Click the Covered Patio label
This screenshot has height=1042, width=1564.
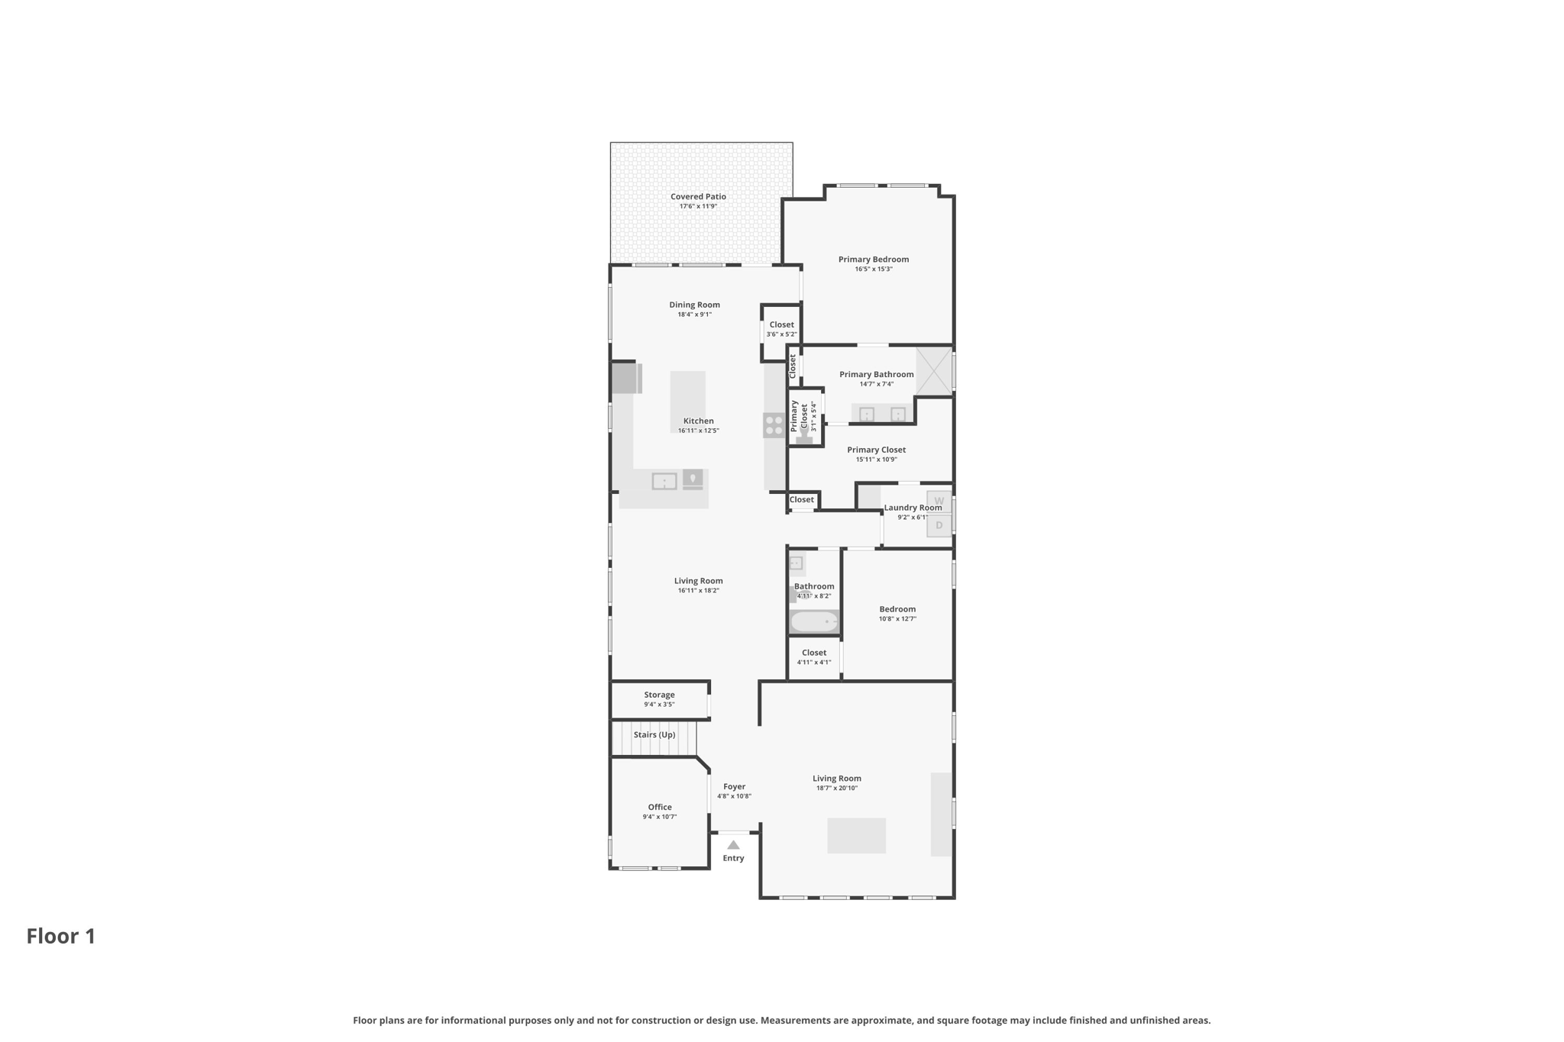[698, 197]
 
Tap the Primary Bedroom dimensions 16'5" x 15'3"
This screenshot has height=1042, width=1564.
[874, 269]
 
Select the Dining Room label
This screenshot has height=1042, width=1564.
[694, 305]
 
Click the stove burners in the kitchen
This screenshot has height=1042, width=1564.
[774, 425]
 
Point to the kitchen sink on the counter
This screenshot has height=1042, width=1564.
[664, 482]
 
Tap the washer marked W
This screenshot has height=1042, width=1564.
[939, 502]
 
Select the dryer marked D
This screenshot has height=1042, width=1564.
[939, 525]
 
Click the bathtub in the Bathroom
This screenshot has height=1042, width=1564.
[813, 622]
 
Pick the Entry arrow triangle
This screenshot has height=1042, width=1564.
[733, 845]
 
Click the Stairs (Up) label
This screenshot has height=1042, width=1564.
[654, 735]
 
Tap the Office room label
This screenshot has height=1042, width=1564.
[660, 808]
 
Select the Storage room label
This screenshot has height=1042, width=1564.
[659, 695]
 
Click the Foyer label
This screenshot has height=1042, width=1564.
[734, 787]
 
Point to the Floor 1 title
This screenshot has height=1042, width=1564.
[61, 937]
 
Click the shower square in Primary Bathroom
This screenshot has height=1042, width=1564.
[933, 371]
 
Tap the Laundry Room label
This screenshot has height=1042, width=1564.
[913, 508]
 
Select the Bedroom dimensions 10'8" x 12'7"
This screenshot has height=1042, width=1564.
[897, 619]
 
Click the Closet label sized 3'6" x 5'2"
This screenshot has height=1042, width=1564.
[781, 325]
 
